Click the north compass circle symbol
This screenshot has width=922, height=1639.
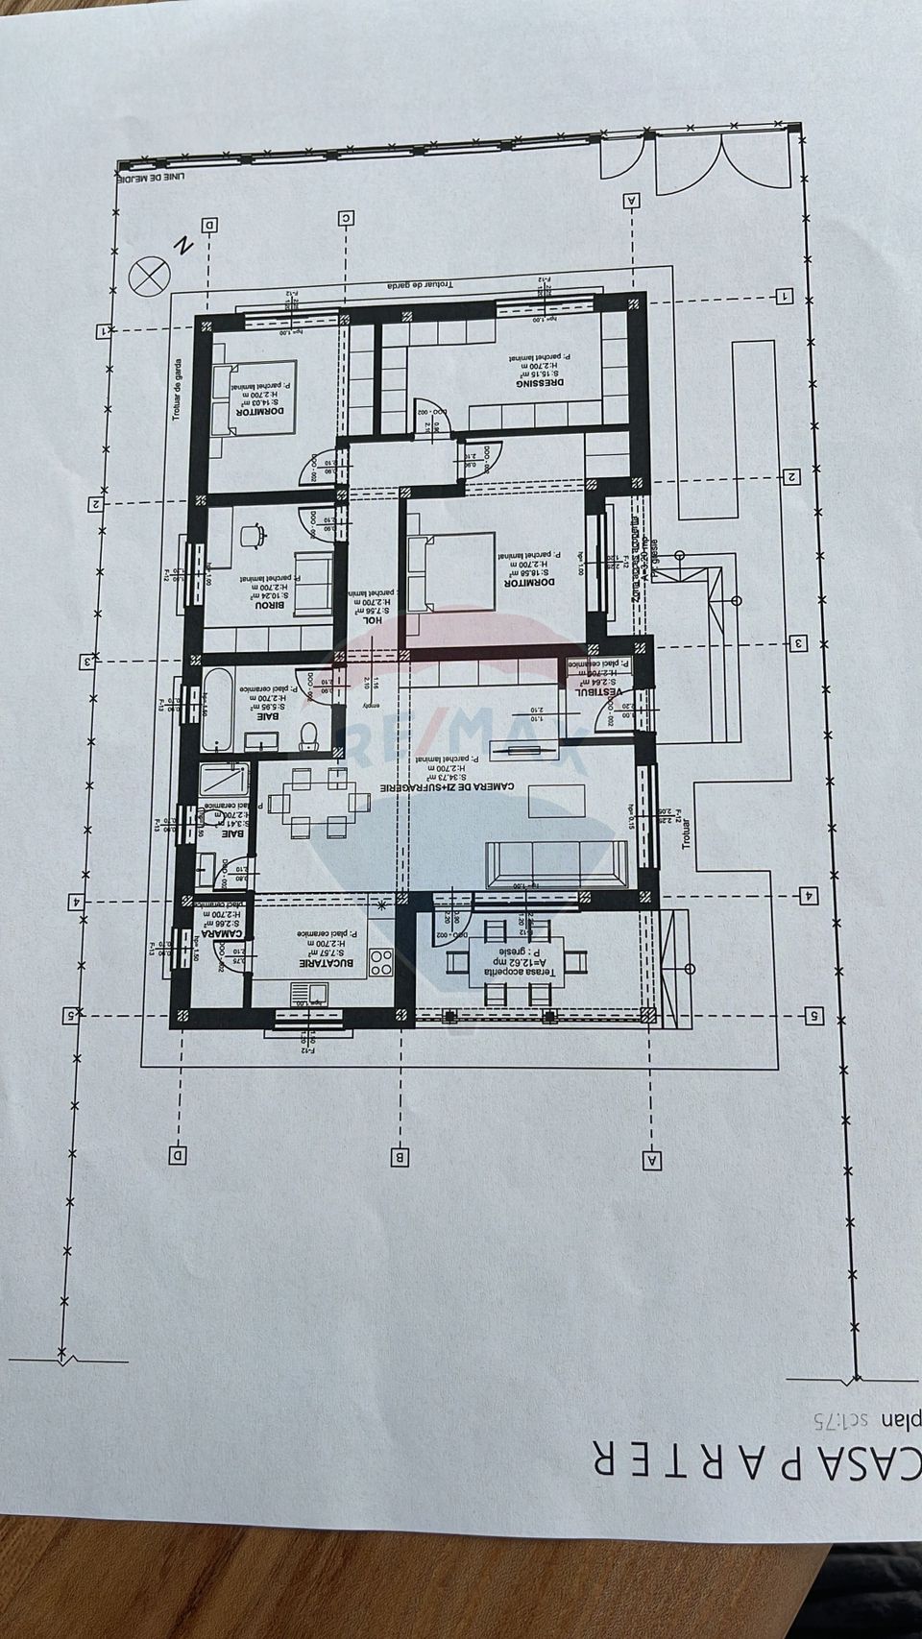tap(148, 276)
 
